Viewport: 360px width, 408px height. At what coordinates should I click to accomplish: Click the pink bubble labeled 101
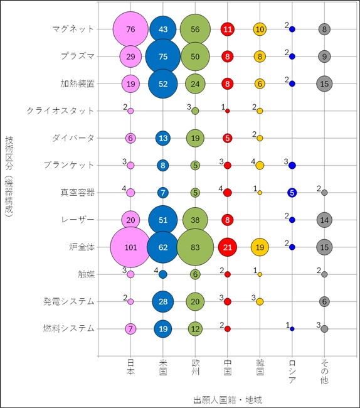(130, 247)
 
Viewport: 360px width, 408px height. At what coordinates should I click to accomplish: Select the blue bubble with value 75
(163, 56)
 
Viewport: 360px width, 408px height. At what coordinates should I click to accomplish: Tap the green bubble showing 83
(195, 247)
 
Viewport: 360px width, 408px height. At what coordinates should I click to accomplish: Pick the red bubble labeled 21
(228, 247)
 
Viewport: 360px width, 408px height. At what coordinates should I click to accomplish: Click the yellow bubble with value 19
(260, 247)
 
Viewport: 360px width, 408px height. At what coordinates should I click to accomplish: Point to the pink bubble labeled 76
(130, 29)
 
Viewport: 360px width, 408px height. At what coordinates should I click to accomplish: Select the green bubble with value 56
(195, 29)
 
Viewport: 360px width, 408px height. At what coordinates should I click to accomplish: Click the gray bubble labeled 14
(324, 220)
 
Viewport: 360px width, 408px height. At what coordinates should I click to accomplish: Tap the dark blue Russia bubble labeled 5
(292, 193)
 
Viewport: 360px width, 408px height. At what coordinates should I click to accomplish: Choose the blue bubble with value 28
(163, 301)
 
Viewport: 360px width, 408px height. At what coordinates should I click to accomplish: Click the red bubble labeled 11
(228, 29)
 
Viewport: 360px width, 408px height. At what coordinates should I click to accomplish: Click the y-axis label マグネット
(73, 29)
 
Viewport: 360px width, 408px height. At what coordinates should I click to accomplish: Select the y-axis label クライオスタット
(61, 110)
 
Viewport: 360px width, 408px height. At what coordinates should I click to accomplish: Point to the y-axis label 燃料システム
(69, 328)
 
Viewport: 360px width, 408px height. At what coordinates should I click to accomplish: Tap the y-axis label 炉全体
(82, 247)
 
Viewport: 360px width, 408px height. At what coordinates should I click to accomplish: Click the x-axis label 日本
(130, 372)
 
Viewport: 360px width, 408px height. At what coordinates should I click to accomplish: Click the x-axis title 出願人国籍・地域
(227, 399)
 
